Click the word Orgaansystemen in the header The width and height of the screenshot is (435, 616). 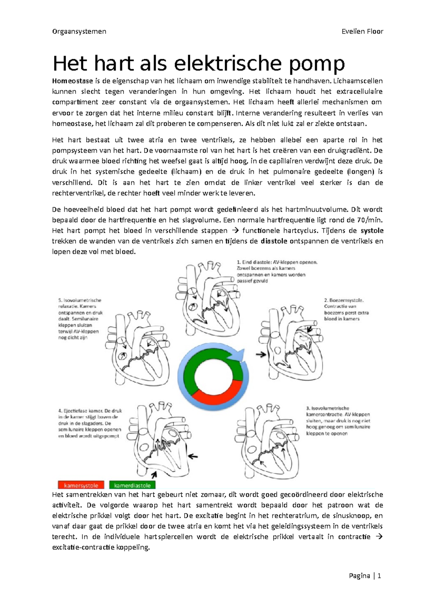tap(79, 31)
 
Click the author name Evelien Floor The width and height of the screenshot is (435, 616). tap(362, 31)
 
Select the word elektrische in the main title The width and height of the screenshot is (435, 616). tap(228, 64)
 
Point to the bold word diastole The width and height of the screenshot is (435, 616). tap(274, 241)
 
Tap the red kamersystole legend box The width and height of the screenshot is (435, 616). tap(81, 485)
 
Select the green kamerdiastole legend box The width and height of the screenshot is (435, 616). tap(132, 485)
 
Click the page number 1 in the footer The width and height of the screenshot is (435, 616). tap(379, 576)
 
